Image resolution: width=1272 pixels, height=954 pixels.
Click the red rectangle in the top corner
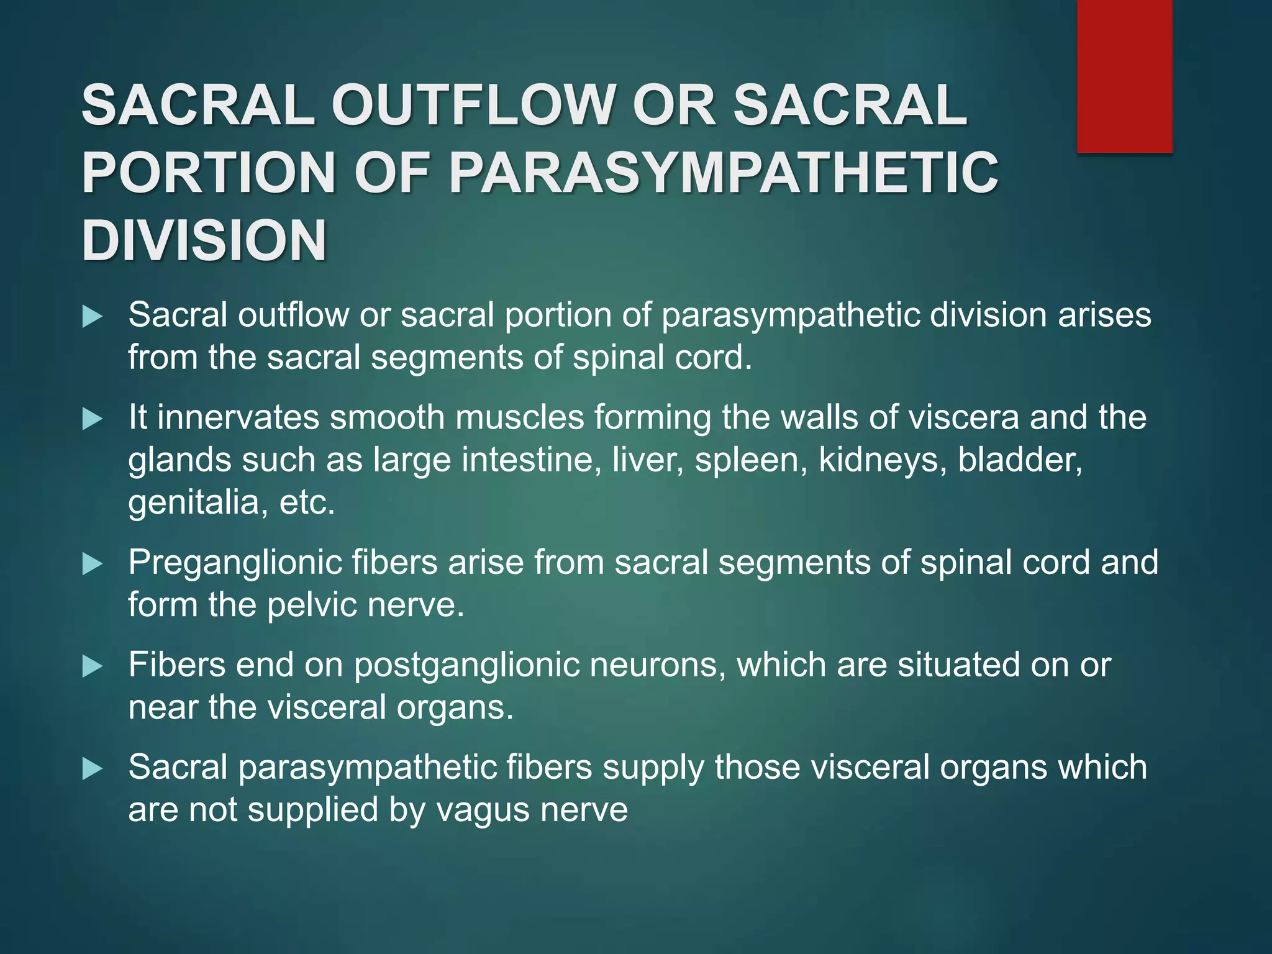[x=1124, y=76]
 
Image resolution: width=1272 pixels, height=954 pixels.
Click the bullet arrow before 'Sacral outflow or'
[x=92, y=317]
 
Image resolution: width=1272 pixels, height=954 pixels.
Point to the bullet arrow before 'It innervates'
[x=92, y=419]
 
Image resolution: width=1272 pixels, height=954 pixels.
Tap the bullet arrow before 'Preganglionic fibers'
[x=92, y=564]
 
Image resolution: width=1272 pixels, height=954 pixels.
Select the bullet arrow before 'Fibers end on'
[x=92, y=666]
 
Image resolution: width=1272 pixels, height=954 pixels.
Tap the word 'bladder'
[x=1019, y=460]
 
